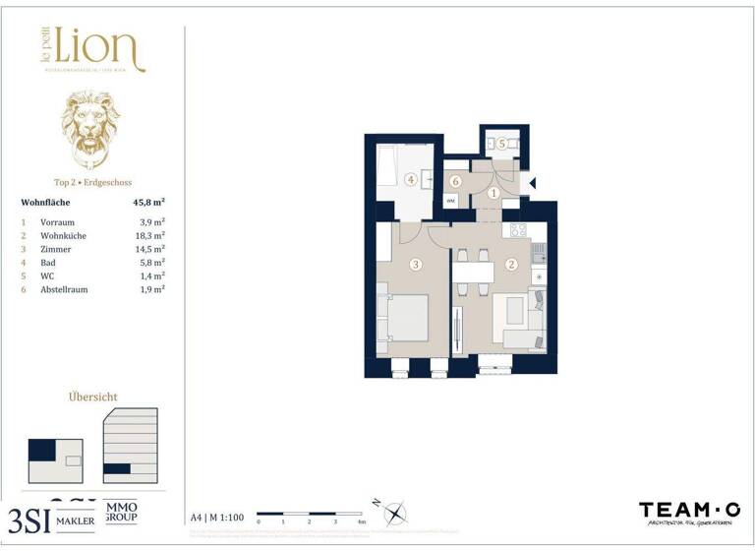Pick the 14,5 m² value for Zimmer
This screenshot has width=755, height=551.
[150, 250]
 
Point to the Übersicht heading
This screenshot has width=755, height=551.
[92, 397]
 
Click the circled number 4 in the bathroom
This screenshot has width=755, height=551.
[410, 179]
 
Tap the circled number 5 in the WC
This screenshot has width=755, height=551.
[502, 144]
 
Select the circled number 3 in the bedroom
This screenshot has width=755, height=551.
[416, 264]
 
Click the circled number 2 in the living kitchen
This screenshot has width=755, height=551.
[511, 264]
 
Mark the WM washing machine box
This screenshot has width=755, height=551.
[450, 200]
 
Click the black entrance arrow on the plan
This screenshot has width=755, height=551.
[532, 182]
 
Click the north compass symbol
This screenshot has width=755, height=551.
[394, 513]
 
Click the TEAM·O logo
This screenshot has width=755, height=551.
[688, 510]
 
